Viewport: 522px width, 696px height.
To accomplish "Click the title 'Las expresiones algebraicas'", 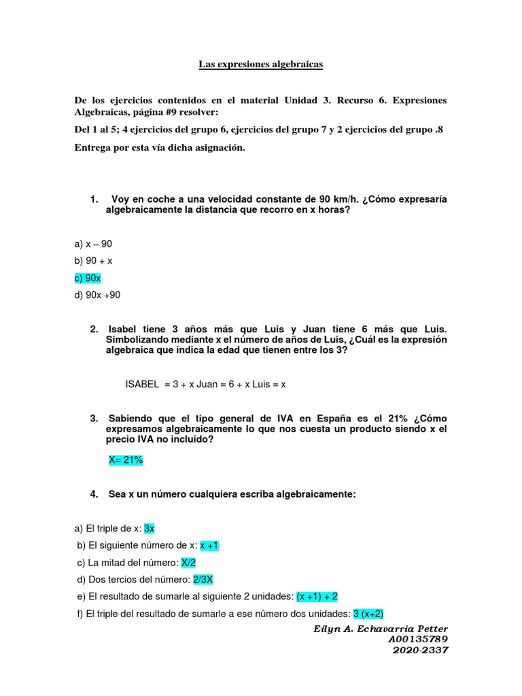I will (x=260, y=65).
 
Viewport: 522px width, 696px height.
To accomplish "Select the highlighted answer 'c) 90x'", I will (x=88, y=278).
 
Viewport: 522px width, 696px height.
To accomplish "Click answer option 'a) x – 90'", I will (x=93, y=243).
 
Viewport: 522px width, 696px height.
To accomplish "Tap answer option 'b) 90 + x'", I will (x=94, y=260).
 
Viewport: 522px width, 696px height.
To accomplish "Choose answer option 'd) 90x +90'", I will (x=97, y=295).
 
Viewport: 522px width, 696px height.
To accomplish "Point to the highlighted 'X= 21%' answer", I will (x=126, y=460).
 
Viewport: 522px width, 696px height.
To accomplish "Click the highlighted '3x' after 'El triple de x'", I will (x=150, y=528).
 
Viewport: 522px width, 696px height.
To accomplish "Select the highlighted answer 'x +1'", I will (x=209, y=545).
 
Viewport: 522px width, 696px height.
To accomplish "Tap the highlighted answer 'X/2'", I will (x=188, y=562).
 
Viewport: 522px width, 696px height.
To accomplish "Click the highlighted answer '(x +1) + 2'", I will (x=317, y=596).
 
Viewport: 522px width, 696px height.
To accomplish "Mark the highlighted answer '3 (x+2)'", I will (x=368, y=613).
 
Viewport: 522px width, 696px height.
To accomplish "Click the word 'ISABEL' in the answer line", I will (x=141, y=384).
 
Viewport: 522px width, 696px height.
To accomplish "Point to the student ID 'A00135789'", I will (x=418, y=640).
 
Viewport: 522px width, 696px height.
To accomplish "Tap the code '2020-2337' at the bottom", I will (x=421, y=650).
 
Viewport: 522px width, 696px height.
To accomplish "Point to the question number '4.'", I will (x=94, y=494).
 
